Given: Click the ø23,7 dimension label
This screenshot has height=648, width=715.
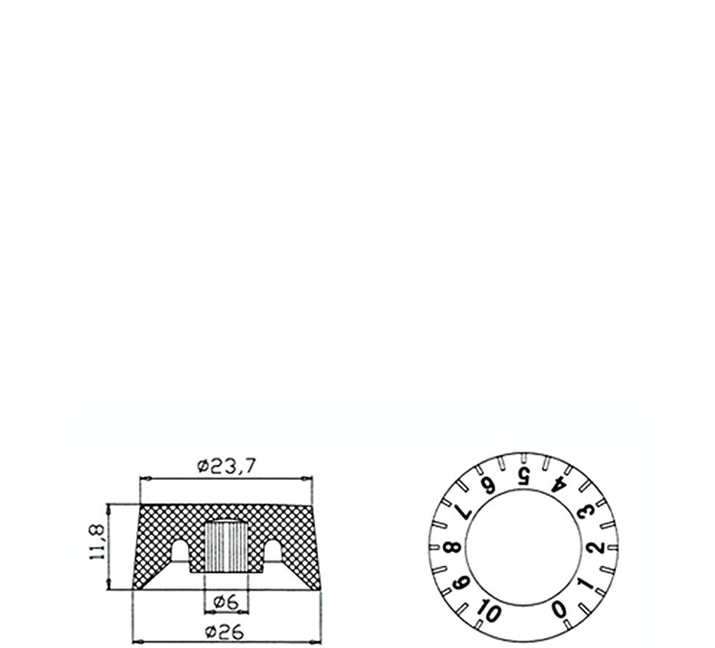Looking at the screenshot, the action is pyautogui.click(x=227, y=467).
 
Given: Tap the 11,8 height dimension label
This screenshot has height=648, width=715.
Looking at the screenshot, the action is pyautogui.click(x=98, y=542).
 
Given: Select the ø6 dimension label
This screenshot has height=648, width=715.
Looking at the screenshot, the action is pyautogui.click(x=226, y=602).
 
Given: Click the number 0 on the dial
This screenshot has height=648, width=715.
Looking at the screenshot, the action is pyautogui.click(x=559, y=609).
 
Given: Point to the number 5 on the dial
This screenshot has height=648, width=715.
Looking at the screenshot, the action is pyautogui.click(x=523, y=475).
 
